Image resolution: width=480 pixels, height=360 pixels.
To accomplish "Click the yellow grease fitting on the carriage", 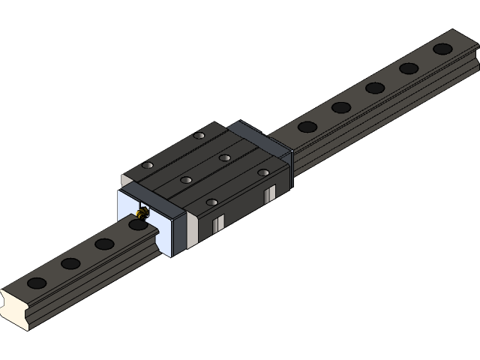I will (142, 214).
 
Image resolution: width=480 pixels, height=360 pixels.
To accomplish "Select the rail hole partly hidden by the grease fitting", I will (137, 224).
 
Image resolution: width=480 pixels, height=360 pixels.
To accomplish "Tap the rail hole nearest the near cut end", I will (36, 283).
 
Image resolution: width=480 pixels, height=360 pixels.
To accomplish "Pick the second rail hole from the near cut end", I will (70, 263).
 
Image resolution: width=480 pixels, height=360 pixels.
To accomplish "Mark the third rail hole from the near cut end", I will (104, 244).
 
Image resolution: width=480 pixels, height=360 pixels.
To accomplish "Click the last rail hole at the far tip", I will (442, 49).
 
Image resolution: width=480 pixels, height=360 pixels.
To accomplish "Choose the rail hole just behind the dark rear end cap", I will (307, 127).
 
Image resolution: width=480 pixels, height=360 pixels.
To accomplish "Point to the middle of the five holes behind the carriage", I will (375, 88).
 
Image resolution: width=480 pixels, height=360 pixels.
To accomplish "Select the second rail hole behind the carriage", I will (341, 107).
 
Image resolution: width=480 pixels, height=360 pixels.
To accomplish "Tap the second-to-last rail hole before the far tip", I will (409, 68).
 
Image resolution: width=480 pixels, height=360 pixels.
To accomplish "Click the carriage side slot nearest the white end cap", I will (217, 223).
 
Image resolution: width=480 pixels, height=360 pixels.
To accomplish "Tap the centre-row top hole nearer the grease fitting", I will (185, 180).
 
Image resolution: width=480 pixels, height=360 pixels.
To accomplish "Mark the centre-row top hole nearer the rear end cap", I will (224, 157).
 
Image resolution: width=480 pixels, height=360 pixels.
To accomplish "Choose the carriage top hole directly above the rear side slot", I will (263, 172).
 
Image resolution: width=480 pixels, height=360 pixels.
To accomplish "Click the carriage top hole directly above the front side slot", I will (211, 202).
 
